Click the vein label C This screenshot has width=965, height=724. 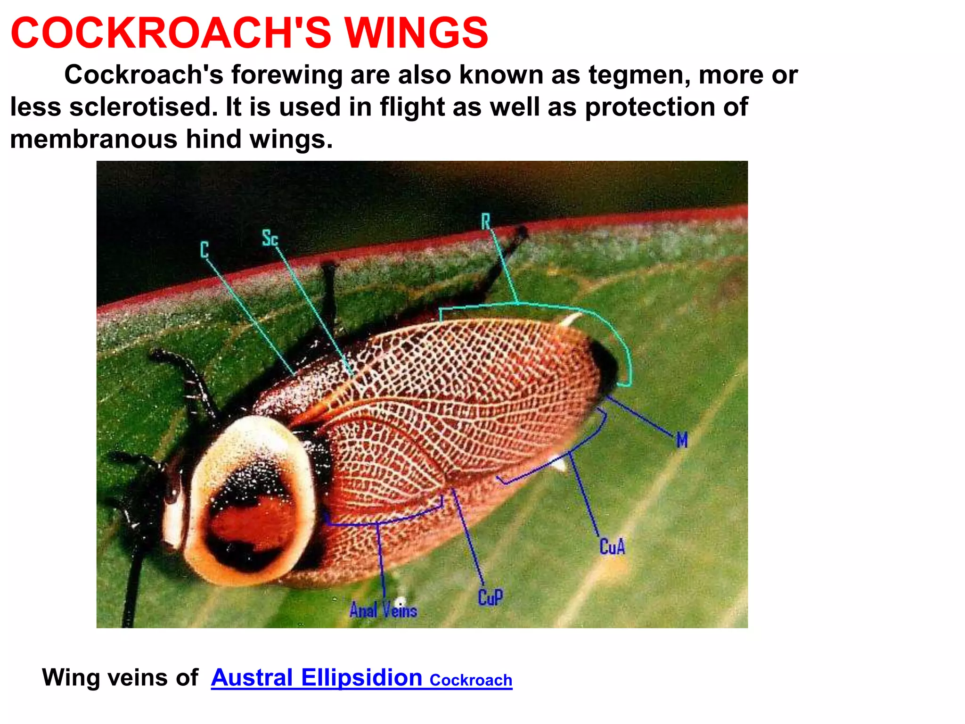[x=204, y=249]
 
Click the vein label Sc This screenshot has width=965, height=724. [x=270, y=238]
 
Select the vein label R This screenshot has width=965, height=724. [x=486, y=221]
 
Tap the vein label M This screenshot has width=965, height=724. [x=682, y=440]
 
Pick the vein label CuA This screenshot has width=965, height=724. [x=612, y=547]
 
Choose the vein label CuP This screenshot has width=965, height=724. [x=490, y=597]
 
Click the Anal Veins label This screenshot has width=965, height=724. [x=383, y=610]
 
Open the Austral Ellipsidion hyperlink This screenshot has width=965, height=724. [x=316, y=678]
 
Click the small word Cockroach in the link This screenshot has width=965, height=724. [x=471, y=680]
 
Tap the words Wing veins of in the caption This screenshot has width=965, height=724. [x=120, y=678]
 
